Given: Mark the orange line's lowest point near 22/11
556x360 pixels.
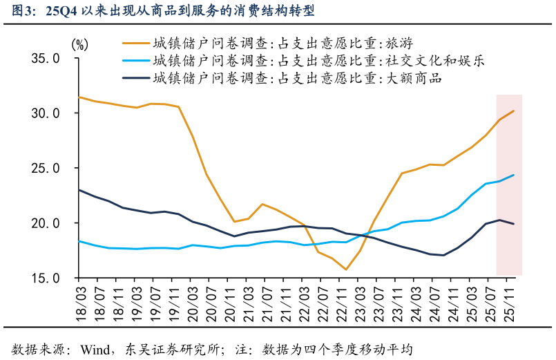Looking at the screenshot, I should pyautogui.click(x=346, y=269).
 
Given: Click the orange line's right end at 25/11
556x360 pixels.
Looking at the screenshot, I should pyautogui.click(x=513, y=111).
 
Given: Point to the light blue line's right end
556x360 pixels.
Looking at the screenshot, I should pyautogui.click(x=513, y=175).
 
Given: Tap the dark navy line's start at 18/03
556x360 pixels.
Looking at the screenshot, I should pyautogui.click(x=79, y=189).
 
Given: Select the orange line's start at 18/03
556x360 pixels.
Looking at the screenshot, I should pyautogui.click(x=79, y=97).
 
